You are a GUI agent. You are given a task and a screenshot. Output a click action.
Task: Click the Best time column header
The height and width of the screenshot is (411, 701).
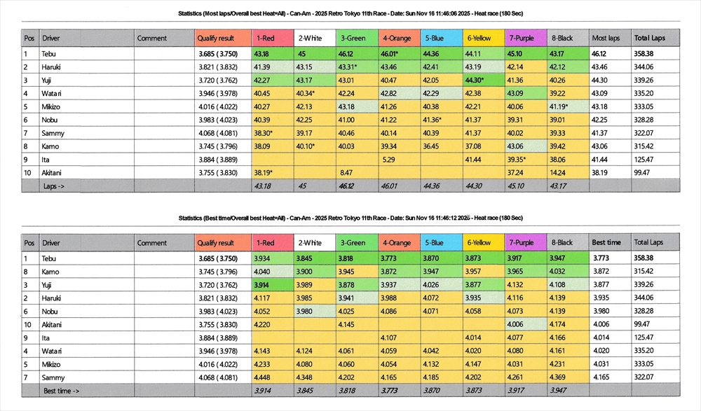coord(606,243)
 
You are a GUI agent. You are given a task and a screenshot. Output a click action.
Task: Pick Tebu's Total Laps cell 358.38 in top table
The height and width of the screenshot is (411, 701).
coord(644,53)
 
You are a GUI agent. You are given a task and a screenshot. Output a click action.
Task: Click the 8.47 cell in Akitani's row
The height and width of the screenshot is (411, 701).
coord(346,172)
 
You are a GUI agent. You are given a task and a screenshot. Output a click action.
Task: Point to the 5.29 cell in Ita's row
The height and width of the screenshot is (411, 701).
coord(389,159)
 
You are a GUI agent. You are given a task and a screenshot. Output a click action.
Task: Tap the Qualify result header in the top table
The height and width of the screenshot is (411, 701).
coord(215,39)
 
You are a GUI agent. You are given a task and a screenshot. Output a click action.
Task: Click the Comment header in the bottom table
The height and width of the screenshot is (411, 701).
coord(152,243)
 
